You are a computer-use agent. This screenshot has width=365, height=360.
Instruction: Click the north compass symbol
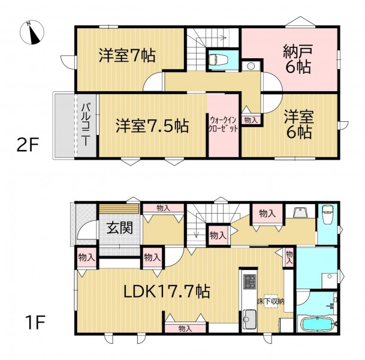(32, 32)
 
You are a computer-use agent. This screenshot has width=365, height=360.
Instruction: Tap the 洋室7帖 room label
(127, 55)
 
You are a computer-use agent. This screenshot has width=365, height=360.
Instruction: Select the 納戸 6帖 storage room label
(298, 59)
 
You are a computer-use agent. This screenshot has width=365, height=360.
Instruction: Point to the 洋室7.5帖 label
(152, 126)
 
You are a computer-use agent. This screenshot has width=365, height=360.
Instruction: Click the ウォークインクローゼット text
(223, 125)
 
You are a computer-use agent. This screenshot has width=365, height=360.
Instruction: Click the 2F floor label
(28, 145)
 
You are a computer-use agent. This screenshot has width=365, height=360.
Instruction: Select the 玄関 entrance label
(120, 227)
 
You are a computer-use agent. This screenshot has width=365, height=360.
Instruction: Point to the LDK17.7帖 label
(167, 291)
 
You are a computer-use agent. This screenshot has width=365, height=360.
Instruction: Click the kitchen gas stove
(249, 282)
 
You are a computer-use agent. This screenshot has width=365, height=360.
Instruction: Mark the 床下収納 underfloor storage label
(271, 301)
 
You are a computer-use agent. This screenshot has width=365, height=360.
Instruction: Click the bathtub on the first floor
(318, 324)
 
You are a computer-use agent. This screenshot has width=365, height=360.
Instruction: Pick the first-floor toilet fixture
(327, 214)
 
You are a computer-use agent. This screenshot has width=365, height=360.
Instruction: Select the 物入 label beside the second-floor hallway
(251, 120)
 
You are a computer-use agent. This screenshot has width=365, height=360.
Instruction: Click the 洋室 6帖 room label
(299, 124)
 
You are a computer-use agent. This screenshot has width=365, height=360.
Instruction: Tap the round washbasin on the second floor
(251, 67)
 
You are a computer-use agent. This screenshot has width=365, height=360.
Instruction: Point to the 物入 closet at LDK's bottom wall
(185, 329)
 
